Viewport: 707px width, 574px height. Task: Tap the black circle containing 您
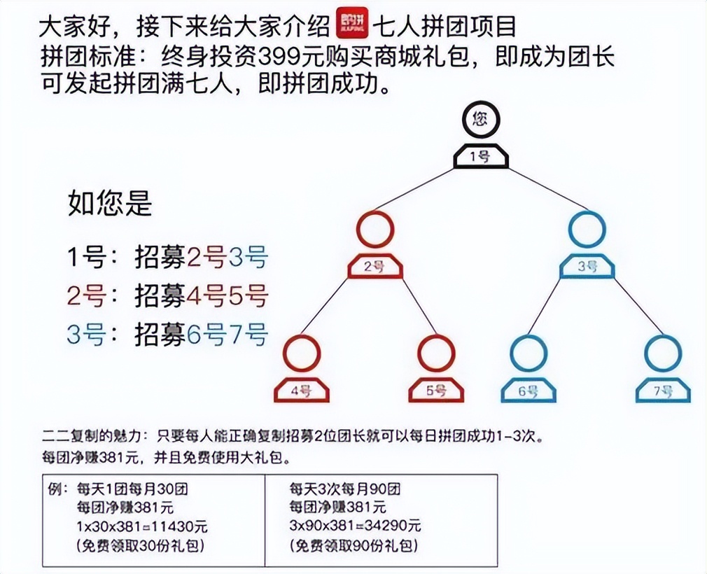(479, 119)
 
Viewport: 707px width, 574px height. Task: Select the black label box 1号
(480, 156)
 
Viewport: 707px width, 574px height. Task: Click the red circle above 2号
(375, 229)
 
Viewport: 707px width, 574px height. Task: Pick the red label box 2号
(375, 267)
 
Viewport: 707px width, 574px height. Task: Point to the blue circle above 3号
(587, 229)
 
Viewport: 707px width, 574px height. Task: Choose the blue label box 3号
(587, 267)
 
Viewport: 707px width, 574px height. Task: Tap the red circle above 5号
(436, 353)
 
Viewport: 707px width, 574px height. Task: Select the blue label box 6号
(528, 391)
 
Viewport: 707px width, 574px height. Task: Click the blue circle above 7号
(662, 353)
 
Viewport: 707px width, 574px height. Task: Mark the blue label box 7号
(662, 391)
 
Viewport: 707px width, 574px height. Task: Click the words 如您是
(110, 204)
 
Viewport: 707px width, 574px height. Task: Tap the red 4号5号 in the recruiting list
(227, 296)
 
